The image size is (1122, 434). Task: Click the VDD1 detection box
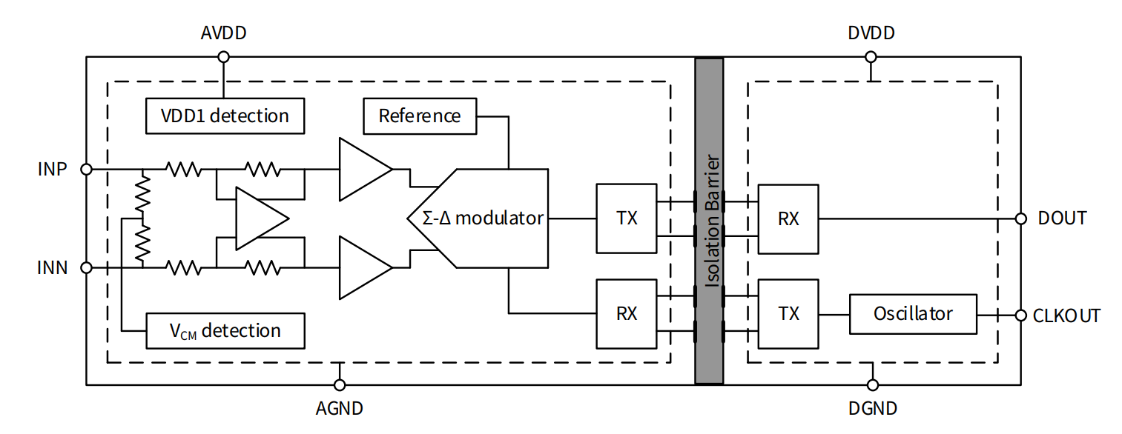225,116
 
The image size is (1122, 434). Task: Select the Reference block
420,116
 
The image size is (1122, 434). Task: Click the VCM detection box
225,330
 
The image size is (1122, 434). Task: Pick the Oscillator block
913,313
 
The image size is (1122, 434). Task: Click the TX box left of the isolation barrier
627,218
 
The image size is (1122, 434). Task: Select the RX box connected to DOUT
788,218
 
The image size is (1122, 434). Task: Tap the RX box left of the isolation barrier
627,313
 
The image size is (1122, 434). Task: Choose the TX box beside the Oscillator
788,313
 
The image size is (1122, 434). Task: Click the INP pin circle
86,169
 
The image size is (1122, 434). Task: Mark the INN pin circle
86,267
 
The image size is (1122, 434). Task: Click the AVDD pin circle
223,57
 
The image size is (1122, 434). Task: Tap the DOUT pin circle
1021,218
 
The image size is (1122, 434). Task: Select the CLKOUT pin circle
1021,314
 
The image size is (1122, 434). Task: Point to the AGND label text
340,408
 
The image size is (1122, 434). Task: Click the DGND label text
873,408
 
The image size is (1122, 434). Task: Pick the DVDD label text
871,33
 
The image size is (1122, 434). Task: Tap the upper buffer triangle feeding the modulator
362,169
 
